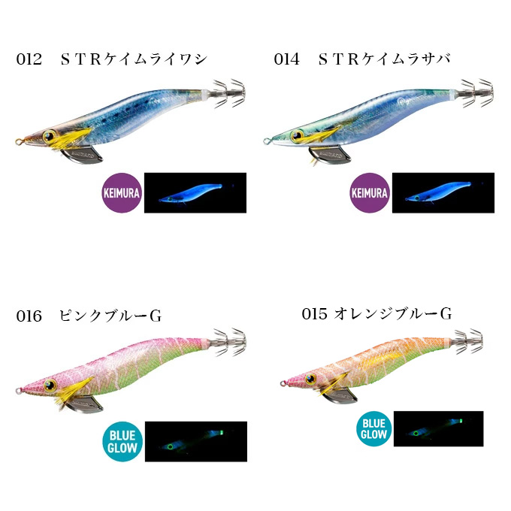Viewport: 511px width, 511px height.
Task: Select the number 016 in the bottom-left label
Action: pos(29,316)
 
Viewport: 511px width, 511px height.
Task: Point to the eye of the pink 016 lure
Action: pos(52,386)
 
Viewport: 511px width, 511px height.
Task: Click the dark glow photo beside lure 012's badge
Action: pos(195,193)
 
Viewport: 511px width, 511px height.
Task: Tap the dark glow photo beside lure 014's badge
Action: pos(443,193)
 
